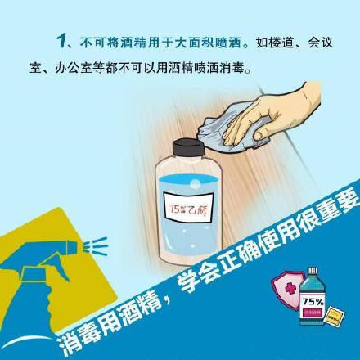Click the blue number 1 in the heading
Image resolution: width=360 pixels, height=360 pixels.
62,42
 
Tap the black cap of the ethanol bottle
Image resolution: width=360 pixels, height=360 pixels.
188,147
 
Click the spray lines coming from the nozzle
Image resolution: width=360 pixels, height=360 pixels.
96,245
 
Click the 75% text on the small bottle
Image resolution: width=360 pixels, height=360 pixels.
313,302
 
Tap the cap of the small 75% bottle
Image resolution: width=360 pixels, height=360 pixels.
313,272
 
